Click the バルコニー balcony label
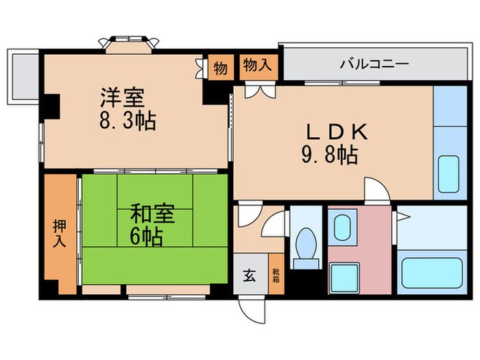[374, 65]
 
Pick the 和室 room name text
[153, 215]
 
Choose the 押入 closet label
[60, 233]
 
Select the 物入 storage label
[258, 66]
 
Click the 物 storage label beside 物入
[220, 68]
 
